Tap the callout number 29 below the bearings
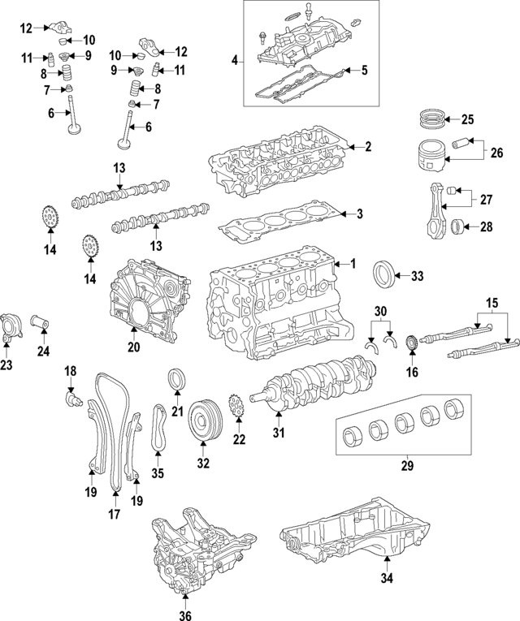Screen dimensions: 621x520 409,466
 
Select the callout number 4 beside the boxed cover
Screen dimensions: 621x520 235,61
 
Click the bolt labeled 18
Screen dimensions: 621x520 73,400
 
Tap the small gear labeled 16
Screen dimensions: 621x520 412,343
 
